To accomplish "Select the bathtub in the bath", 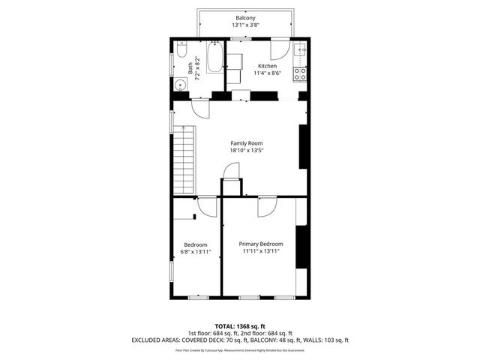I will tap(214, 58).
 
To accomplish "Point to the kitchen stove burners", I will tap(299, 73).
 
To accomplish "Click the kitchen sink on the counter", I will tap(299, 50).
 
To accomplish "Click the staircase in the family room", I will tap(184, 160).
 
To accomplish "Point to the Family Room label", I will tap(246, 142).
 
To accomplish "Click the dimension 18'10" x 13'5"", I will tap(246, 151).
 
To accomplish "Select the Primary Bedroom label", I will tap(261, 244).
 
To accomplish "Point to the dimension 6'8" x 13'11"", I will tap(196, 252).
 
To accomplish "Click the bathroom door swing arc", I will tap(199, 109).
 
